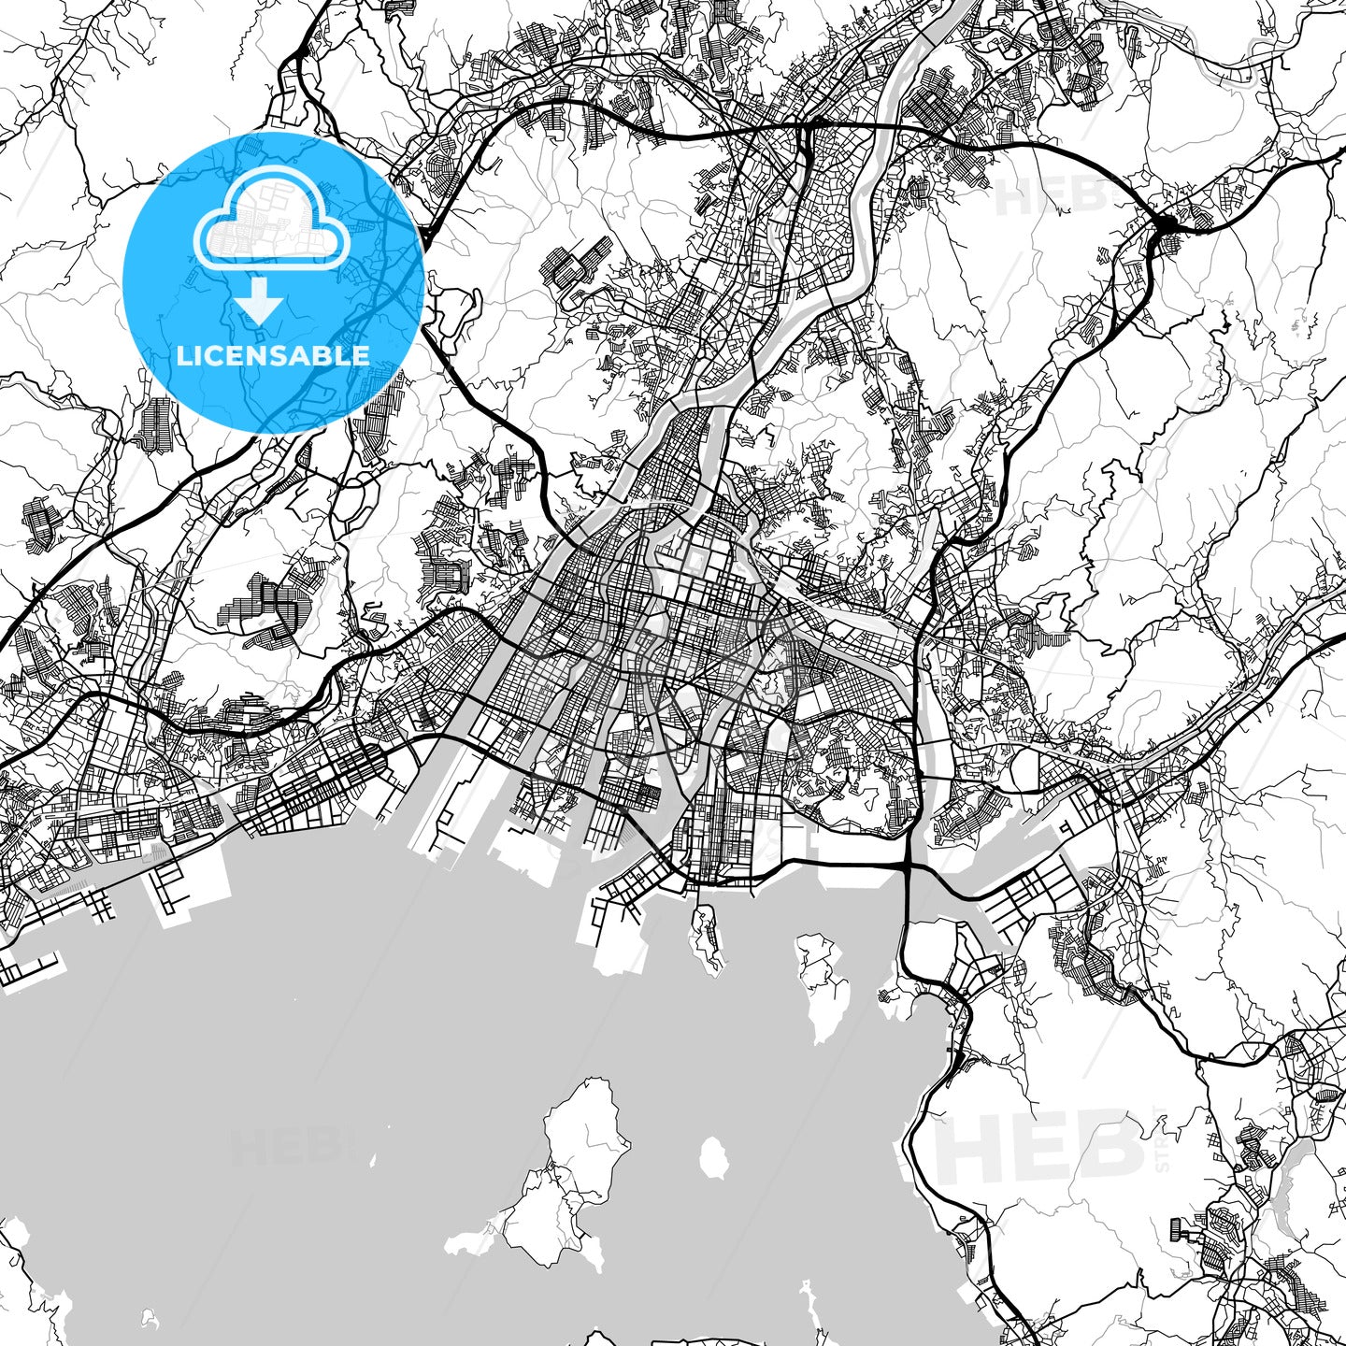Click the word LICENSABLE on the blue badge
pyautogui.click(x=273, y=355)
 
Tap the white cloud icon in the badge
pyautogui.click(x=271, y=224)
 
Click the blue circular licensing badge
pyautogui.click(x=273, y=281)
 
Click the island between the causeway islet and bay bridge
pyautogui.click(x=823, y=981)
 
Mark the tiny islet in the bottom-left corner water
pyautogui.click(x=145, y=1319)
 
